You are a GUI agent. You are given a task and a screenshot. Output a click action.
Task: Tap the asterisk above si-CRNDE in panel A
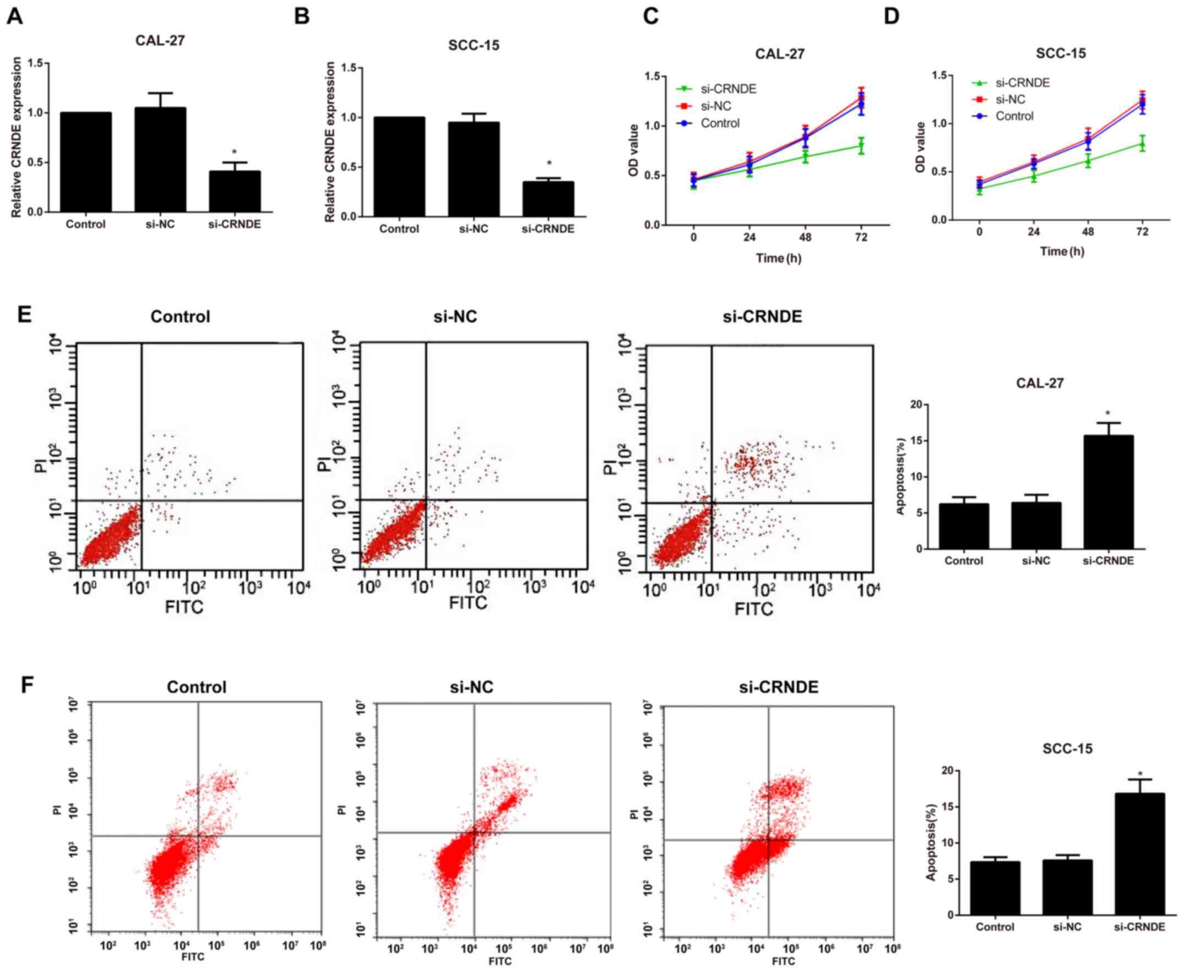click(234, 152)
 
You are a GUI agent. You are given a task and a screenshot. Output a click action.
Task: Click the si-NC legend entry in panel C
click(715, 106)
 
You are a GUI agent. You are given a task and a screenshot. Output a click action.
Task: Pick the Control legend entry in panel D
click(1014, 116)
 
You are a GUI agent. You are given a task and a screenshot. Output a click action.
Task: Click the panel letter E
click(24, 315)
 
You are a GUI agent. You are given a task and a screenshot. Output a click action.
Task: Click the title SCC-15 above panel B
click(473, 45)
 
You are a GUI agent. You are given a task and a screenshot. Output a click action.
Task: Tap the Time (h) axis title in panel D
click(1062, 252)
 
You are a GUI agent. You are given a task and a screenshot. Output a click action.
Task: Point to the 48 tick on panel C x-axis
click(805, 237)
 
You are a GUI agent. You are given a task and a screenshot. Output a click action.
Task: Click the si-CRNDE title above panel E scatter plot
click(762, 316)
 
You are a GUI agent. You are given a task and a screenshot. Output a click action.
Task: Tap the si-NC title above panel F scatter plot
click(471, 687)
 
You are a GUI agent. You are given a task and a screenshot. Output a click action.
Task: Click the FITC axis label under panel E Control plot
click(184, 607)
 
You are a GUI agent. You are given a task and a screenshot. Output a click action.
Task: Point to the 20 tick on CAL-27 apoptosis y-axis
click(915, 404)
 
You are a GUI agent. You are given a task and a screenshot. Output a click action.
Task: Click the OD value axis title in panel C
click(633, 150)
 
